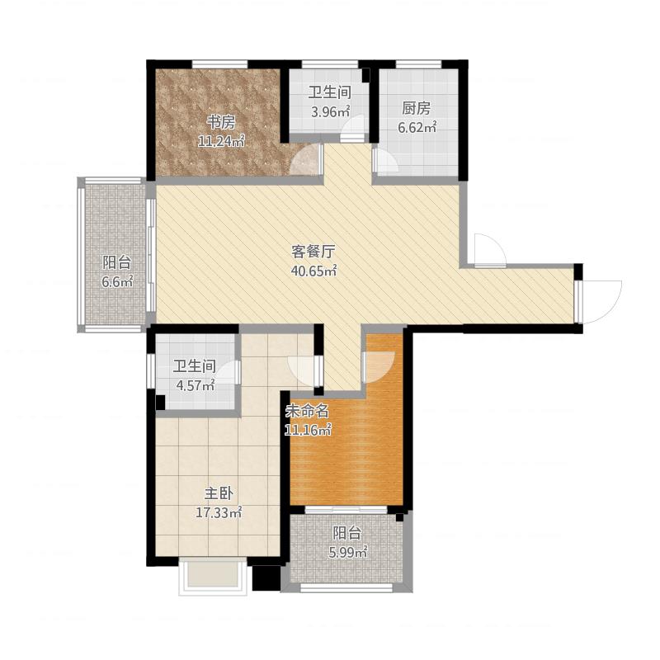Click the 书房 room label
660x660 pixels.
pyautogui.click(x=220, y=123)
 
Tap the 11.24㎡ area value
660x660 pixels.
pyautogui.click(x=221, y=141)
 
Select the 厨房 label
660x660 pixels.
pyautogui.click(x=417, y=109)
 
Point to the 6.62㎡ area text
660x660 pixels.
pyautogui.click(x=417, y=127)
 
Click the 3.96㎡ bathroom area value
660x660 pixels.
pyautogui.click(x=331, y=111)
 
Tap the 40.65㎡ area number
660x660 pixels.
pyautogui.click(x=314, y=271)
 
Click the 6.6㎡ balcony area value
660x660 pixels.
pyautogui.click(x=117, y=281)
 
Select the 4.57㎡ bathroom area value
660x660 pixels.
pyautogui.click(x=196, y=385)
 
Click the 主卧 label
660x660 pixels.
pyautogui.click(x=219, y=493)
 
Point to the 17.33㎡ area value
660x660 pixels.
pyautogui.click(x=219, y=512)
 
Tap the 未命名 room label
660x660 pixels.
pyautogui.click(x=307, y=411)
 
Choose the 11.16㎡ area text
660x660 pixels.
pyautogui.click(x=308, y=430)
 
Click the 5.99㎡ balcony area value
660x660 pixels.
pyautogui.click(x=347, y=552)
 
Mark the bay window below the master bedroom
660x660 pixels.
pyautogui.click(x=213, y=576)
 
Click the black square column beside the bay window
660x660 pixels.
pyautogui.click(x=266, y=577)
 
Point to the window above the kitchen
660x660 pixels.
pyautogui.click(x=418, y=64)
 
